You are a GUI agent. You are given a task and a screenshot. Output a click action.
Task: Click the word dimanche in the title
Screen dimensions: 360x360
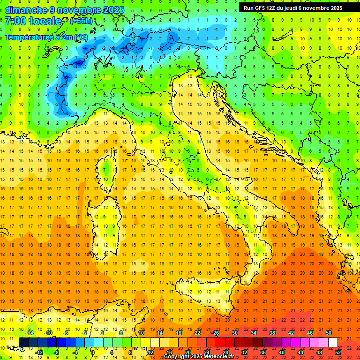[26, 10]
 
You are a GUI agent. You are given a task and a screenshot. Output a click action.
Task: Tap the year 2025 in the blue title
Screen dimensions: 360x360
[113, 10]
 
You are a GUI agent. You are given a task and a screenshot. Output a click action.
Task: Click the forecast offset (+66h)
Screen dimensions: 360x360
[81, 21]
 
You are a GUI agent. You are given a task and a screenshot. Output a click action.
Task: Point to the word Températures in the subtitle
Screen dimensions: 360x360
[28, 37]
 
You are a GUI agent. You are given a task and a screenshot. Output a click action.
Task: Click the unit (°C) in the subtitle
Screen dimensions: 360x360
[81, 37]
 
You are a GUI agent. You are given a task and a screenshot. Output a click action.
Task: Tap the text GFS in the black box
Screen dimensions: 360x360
[262, 7]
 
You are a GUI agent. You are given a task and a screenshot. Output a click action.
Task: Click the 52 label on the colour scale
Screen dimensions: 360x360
[338, 352]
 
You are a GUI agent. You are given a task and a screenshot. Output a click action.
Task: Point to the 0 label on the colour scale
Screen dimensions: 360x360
[93, 352]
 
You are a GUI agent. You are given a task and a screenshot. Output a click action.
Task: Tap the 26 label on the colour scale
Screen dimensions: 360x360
[216, 333]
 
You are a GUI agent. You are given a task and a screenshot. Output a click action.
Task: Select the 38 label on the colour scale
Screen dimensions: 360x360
[272, 333]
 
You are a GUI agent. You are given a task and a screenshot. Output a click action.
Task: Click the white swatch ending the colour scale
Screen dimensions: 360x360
[333, 342]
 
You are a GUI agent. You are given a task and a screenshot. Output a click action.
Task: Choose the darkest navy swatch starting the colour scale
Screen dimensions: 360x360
[24, 342]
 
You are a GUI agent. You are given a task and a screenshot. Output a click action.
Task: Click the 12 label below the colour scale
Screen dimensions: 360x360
[150, 352]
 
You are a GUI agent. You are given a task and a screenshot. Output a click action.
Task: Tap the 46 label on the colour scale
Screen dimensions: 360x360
[310, 333]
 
